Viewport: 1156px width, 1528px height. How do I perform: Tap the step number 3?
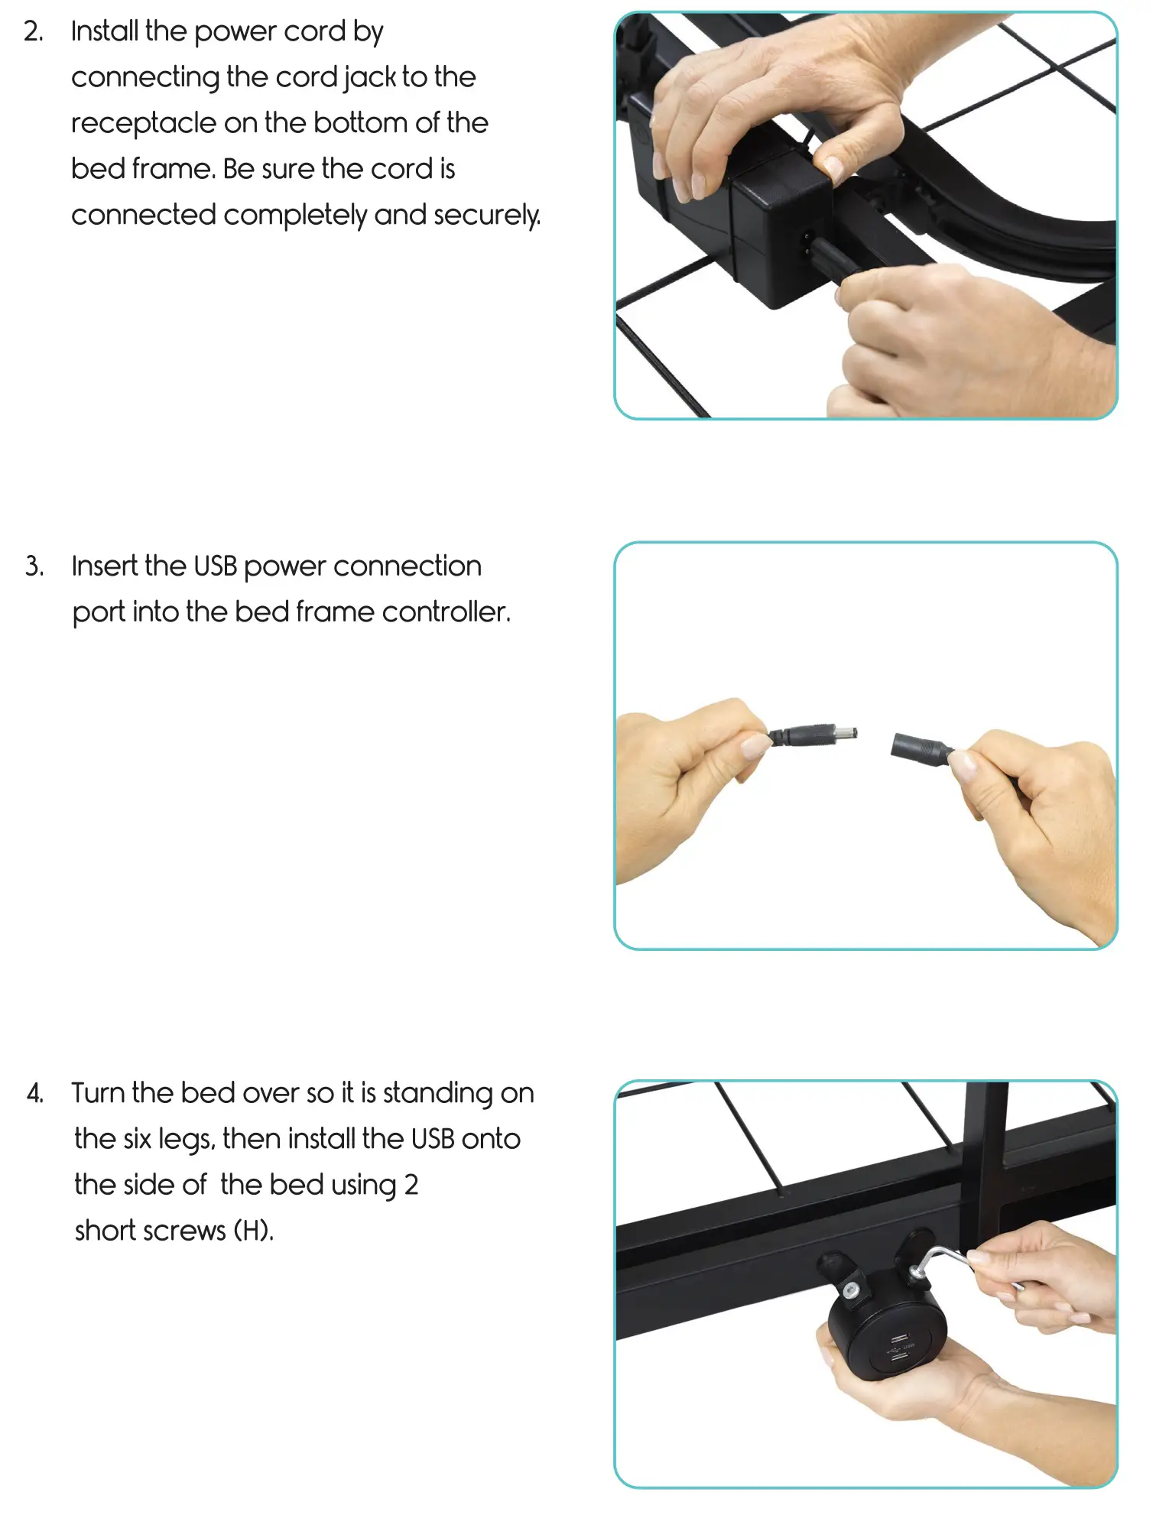[x=34, y=567]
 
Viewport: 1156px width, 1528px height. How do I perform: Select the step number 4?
[x=34, y=1094]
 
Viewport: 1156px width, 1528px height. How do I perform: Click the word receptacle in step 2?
[x=144, y=124]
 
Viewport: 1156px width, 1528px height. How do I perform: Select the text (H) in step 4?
[x=253, y=1231]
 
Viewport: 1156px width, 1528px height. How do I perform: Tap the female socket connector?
[x=919, y=748]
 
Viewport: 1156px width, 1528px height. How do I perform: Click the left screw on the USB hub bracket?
[x=850, y=1291]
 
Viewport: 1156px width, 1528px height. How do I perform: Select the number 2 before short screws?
[x=411, y=1186]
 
